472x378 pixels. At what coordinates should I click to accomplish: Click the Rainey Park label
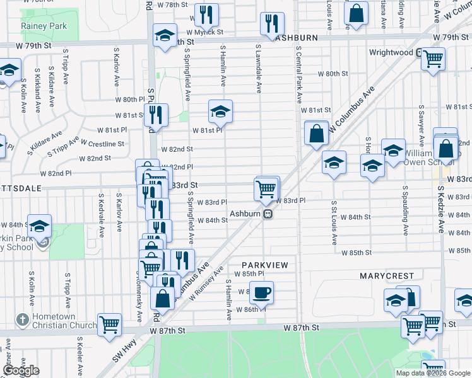point(44,26)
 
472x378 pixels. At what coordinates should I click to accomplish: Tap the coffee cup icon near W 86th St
point(261,292)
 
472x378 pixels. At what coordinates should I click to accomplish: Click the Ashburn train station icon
point(268,214)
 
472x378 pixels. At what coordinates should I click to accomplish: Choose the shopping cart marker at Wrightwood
point(434,60)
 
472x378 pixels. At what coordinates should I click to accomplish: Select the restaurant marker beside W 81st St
point(155,115)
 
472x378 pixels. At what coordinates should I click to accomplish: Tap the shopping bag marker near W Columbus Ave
point(316,134)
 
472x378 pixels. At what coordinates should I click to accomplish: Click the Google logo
point(21,370)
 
